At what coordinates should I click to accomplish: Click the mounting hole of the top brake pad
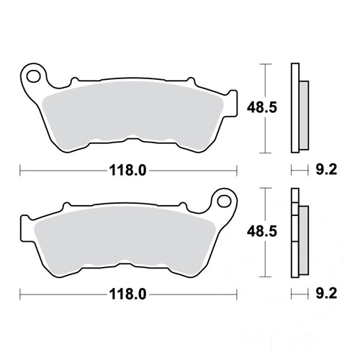[x=33, y=76]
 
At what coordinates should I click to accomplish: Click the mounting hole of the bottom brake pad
[x=225, y=201]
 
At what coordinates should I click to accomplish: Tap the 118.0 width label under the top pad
[x=127, y=171]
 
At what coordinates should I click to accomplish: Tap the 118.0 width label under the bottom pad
[x=127, y=294]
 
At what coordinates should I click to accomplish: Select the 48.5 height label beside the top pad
[x=262, y=107]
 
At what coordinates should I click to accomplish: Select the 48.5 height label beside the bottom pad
[x=262, y=231]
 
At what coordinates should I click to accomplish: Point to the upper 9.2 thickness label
[x=326, y=170]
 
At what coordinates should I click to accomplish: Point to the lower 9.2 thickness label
[x=326, y=294]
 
